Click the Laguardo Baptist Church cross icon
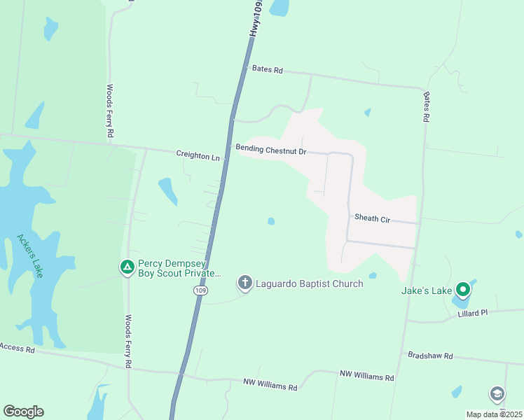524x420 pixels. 244,283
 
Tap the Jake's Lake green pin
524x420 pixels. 462,289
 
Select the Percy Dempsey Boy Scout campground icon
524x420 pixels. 127,267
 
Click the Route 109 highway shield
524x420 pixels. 201,290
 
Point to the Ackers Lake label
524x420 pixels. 29,255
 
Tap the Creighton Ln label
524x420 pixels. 198,155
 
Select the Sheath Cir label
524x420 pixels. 372,218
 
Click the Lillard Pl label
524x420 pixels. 472,313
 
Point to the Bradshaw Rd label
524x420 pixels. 431,356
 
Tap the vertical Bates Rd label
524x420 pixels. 426,106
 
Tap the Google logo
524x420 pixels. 23,412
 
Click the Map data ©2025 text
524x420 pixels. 493,414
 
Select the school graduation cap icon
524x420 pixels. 497,394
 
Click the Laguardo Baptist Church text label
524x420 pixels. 309,283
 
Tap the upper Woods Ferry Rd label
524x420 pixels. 110,111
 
